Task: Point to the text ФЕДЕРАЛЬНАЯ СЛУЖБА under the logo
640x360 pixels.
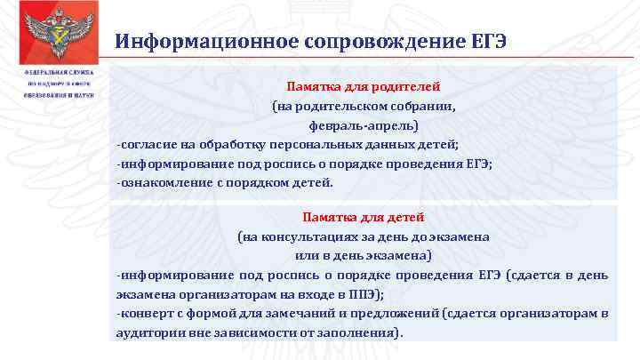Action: coord(53,70)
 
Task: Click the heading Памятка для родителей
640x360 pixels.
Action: coord(364,86)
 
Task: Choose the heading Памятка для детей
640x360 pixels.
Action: coord(364,216)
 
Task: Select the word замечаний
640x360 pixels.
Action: coord(283,313)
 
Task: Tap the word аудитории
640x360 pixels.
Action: coord(148,332)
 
